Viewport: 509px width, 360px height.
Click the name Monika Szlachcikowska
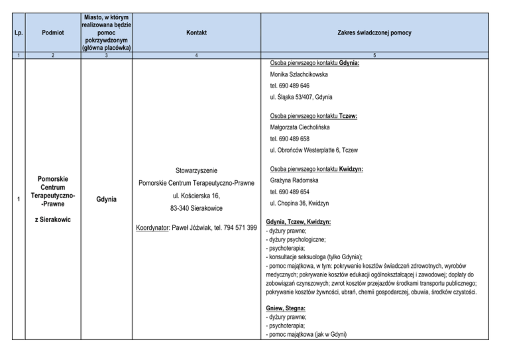299,75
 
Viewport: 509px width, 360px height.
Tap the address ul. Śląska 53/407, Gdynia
302,97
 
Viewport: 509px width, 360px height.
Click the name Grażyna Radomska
295,180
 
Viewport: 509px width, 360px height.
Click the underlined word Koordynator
154,228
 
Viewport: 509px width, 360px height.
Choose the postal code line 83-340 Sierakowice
196,208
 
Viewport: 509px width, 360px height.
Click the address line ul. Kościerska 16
196,196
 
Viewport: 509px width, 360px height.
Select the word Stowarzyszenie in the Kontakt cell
196,170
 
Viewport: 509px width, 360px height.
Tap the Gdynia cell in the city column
107,198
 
